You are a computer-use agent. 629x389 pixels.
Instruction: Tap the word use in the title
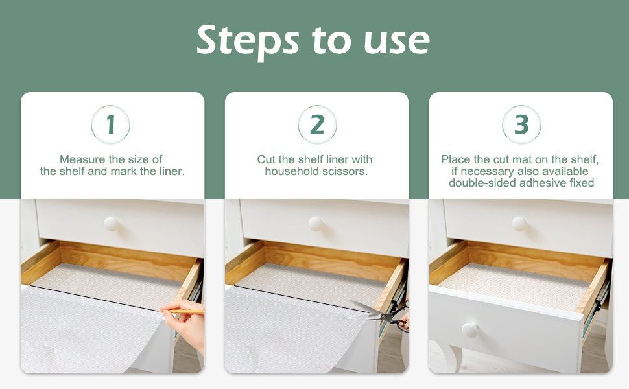(397, 41)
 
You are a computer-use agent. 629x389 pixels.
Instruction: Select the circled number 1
(111, 124)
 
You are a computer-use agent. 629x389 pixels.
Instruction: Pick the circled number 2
(317, 124)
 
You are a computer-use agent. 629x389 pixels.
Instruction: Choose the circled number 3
(521, 124)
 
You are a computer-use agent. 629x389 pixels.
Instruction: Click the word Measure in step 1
(82, 159)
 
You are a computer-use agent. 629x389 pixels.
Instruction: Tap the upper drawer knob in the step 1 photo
(111, 224)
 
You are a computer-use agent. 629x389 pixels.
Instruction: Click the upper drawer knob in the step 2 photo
(316, 224)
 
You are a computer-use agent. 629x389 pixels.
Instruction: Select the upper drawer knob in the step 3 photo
(519, 224)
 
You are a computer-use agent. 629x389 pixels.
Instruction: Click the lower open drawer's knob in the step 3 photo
(470, 330)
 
